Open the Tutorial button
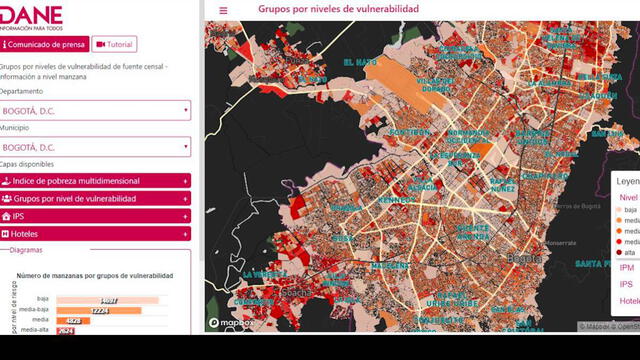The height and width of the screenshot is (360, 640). (x=114, y=44)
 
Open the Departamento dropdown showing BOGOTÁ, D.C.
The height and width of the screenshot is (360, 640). (x=95, y=110)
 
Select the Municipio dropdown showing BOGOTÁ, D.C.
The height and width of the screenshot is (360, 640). (x=95, y=147)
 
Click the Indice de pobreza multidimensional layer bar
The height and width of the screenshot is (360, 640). (x=95, y=181)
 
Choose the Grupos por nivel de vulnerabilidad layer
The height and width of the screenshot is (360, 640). (x=95, y=198)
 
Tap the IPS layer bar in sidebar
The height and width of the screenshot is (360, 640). (x=95, y=216)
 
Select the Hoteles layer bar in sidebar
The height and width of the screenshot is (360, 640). (x=95, y=233)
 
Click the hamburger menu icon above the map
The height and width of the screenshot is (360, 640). (x=223, y=10)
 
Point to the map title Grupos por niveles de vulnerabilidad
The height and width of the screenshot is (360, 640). (x=338, y=9)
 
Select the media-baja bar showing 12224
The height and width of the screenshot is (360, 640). (x=98, y=310)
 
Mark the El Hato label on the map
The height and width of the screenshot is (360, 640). (x=360, y=62)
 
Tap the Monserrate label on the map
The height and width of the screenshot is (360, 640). (x=560, y=243)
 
